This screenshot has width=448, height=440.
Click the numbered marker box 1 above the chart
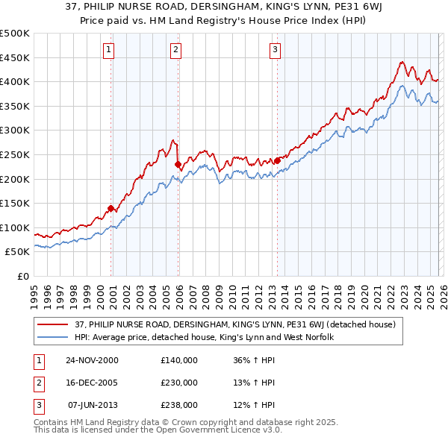(108, 50)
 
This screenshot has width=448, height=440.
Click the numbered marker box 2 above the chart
(175, 50)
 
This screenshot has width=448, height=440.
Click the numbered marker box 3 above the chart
(275, 50)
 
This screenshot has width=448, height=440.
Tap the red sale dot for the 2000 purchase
(111, 208)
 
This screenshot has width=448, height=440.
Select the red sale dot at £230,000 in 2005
(178, 164)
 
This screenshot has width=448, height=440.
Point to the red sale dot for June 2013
(277, 160)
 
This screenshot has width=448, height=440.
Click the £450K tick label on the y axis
(15, 57)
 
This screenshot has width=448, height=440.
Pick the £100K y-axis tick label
(15, 227)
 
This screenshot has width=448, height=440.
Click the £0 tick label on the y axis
(22, 276)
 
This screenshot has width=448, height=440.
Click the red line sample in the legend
(53, 324)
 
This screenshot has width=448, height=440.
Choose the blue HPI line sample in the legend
(53, 337)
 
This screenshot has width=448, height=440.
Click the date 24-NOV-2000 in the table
(92, 360)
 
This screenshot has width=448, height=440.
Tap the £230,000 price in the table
(178, 383)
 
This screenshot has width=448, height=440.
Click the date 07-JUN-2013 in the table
(93, 405)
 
